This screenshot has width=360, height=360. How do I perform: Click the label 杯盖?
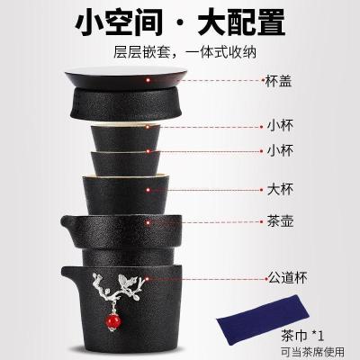(x=280, y=80)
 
